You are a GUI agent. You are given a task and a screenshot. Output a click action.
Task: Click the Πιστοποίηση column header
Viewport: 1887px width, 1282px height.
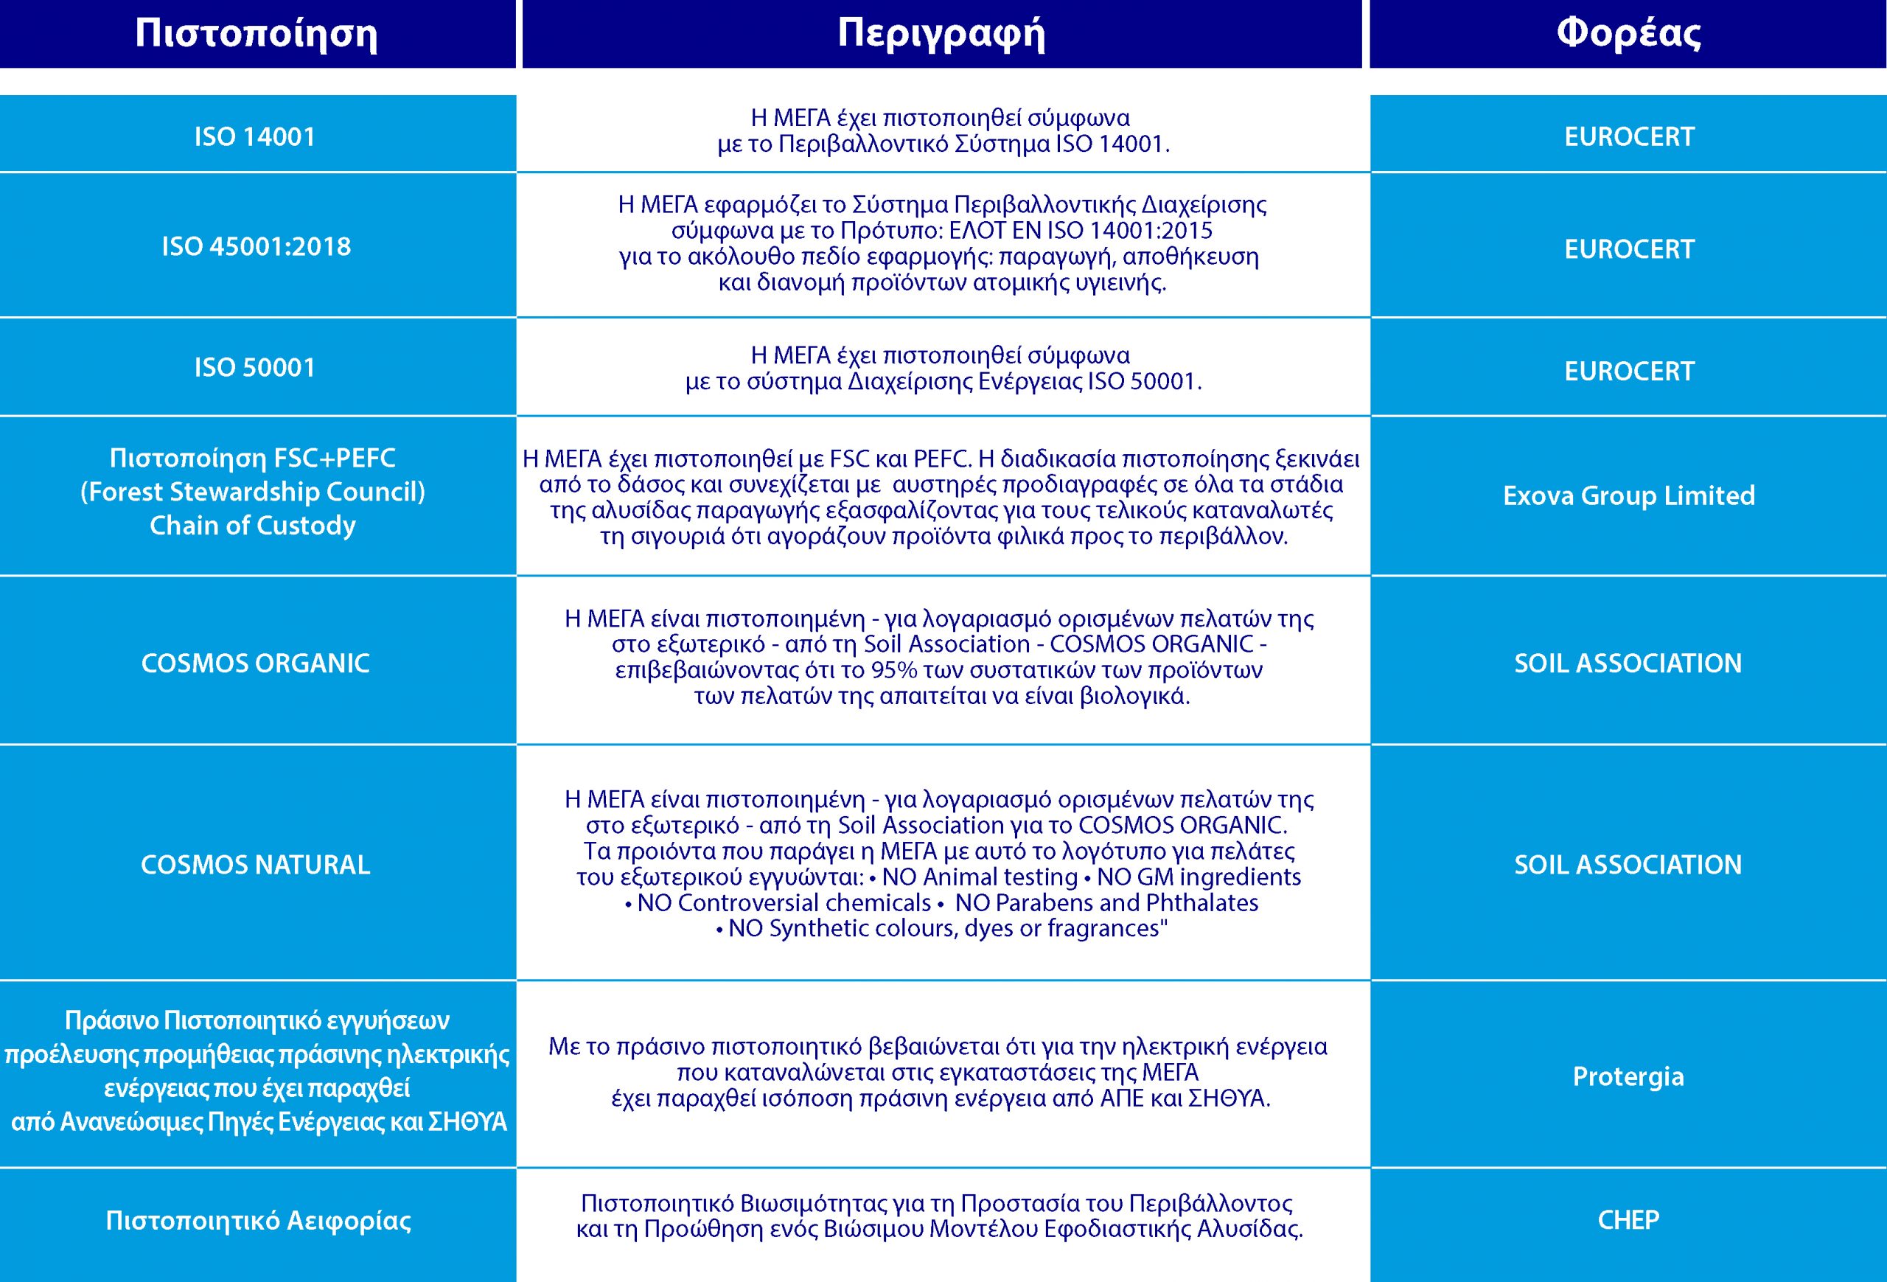(257, 34)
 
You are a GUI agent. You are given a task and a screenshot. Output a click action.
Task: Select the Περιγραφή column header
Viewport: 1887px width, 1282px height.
(942, 34)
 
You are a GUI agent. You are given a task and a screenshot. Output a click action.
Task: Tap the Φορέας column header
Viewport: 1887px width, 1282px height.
(1628, 34)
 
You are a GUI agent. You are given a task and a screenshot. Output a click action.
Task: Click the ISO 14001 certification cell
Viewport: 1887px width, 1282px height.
(255, 136)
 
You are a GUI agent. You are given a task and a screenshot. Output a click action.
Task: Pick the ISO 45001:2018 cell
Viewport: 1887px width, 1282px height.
(257, 247)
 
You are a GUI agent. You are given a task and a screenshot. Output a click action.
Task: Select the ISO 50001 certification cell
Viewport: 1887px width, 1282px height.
(255, 368)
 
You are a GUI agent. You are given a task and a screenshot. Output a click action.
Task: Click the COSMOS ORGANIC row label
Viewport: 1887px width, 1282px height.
(256, 663)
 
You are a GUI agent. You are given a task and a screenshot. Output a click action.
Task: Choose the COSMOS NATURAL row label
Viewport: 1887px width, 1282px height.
(256, 865)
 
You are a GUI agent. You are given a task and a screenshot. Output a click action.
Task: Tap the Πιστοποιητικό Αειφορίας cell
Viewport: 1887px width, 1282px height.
(258, 1220)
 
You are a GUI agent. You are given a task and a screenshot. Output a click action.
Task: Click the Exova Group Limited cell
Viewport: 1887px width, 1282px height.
(1629, 495)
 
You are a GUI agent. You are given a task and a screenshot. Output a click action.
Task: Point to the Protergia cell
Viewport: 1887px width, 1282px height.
(1628, 1076)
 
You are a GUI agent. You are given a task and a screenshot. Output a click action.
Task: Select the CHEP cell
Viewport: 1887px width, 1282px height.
(1628, 1219)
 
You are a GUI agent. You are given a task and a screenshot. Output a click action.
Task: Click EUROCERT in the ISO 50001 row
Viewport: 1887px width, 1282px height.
(1629, 371)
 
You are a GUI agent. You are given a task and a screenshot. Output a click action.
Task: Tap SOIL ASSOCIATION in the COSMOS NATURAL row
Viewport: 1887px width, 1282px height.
(1628, 865)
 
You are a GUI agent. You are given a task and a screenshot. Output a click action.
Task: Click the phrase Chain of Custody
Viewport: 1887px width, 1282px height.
(253, 526)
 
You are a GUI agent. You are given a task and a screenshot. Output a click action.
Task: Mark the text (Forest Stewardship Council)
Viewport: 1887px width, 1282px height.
(253, 492)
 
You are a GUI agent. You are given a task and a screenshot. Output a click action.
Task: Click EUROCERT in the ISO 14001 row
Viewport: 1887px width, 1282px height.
(1629, 136)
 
